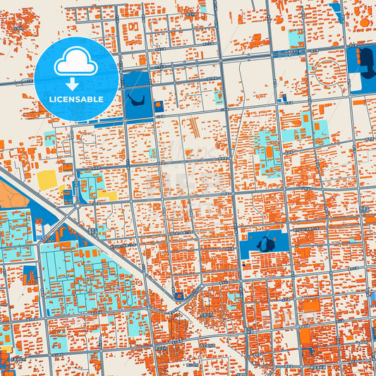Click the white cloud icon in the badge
point(76,63)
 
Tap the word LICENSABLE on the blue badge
point(76,99)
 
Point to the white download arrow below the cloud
point(76,83)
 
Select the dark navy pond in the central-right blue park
point(265,244)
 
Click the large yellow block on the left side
point(47,180)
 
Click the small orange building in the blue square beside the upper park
point(159,107)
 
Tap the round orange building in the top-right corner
point(364,22)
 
